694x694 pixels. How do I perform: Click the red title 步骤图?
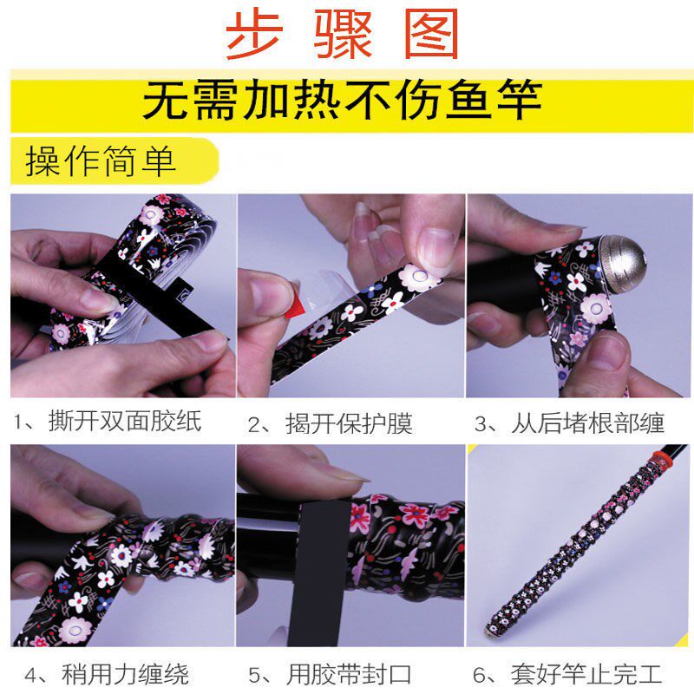click(342, 34)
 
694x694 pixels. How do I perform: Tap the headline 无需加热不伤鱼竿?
click(342, 100)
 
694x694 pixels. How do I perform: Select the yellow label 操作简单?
click(101, 160)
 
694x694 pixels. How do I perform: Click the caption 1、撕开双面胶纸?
click(108, 421)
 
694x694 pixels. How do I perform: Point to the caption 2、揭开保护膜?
click(331, 423)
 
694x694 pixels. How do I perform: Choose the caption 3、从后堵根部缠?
click(569, 422)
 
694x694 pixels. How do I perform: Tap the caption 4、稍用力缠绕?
click(107, 675)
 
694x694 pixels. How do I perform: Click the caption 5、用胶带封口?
click(330, 675)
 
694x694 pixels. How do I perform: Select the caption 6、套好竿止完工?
click(567, 675)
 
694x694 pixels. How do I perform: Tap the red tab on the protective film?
click(294, 305)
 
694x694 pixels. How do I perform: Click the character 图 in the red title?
click(431, 34)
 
